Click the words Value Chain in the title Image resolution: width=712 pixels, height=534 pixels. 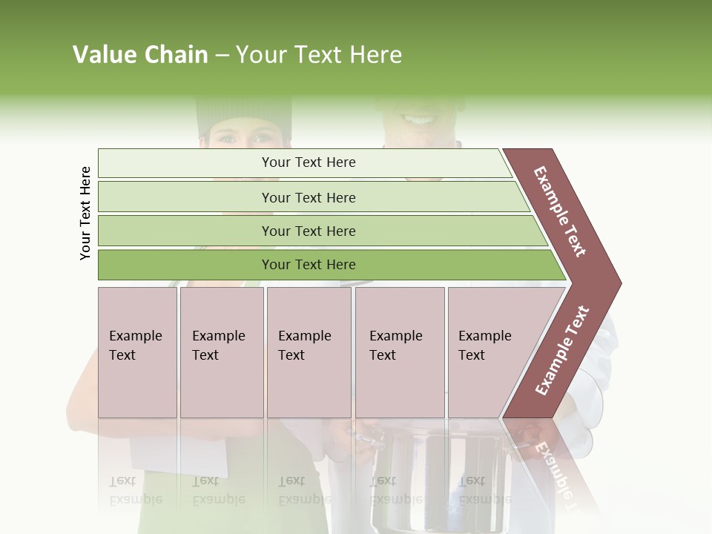click(x=140, y=55)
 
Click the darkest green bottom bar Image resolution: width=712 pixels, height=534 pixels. click(x=185, y=265)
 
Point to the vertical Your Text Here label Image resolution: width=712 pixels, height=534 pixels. click(x=85, y=213)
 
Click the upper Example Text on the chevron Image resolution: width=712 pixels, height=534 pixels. click(x=561, y=211)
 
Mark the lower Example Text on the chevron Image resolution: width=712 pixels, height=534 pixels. click(x=562, y=351)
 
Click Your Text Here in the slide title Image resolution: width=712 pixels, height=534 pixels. click(x=319, y=55)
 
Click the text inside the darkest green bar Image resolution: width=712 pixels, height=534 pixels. click(x=309, y=265)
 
